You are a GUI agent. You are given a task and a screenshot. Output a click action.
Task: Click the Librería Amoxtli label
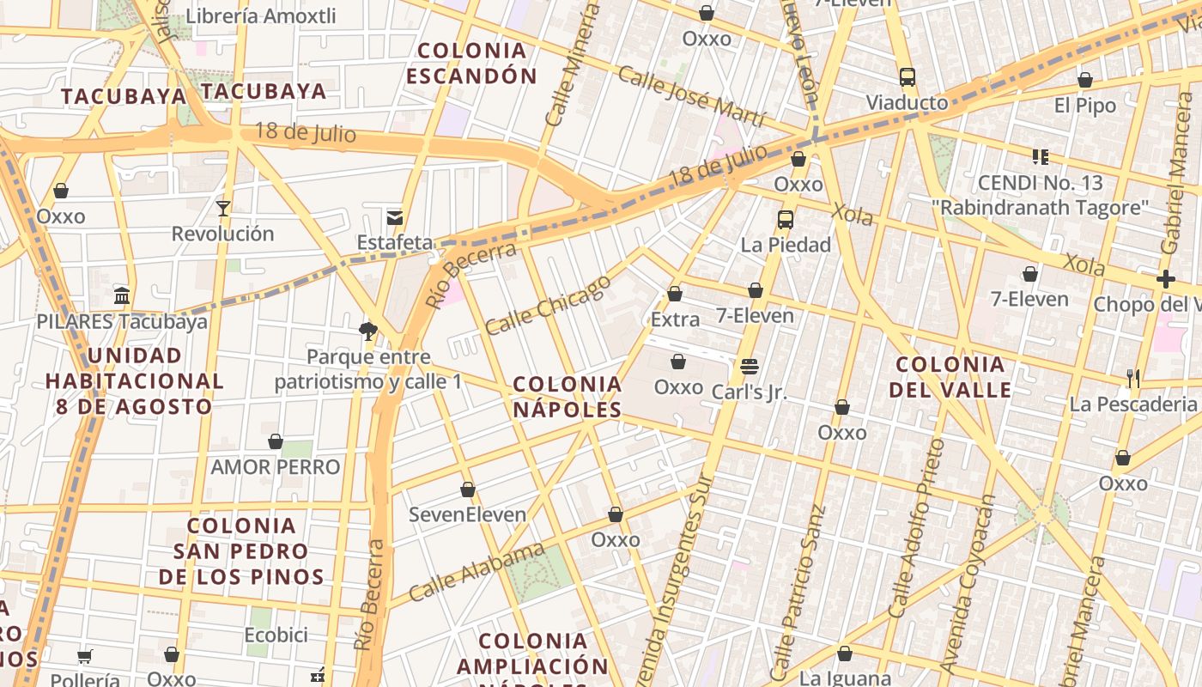261,16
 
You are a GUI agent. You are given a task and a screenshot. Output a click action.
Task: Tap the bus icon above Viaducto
908,77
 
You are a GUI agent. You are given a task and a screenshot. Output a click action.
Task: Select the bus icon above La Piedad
786,219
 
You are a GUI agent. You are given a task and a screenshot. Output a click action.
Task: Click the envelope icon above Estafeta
395,217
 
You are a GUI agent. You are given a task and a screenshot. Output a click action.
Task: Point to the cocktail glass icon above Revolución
223,208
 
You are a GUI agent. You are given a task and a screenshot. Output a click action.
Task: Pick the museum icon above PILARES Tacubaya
122,296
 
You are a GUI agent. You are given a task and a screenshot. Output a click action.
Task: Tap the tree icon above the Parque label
368,331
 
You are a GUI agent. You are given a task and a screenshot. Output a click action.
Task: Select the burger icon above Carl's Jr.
749,367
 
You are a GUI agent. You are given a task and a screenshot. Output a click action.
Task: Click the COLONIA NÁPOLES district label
568,397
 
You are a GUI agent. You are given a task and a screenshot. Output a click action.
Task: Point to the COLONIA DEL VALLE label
950,377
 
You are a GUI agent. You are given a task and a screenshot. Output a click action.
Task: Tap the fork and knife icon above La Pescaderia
1133,378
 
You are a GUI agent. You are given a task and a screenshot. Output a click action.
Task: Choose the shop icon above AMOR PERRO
276,441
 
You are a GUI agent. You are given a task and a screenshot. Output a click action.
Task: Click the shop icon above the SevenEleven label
468,489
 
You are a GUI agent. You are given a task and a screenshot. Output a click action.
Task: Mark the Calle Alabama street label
477,572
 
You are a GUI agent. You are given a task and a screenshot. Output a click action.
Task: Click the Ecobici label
276,635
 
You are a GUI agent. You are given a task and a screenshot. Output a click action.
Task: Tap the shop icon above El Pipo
1085,80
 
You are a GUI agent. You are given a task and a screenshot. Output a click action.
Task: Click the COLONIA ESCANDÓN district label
471,64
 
